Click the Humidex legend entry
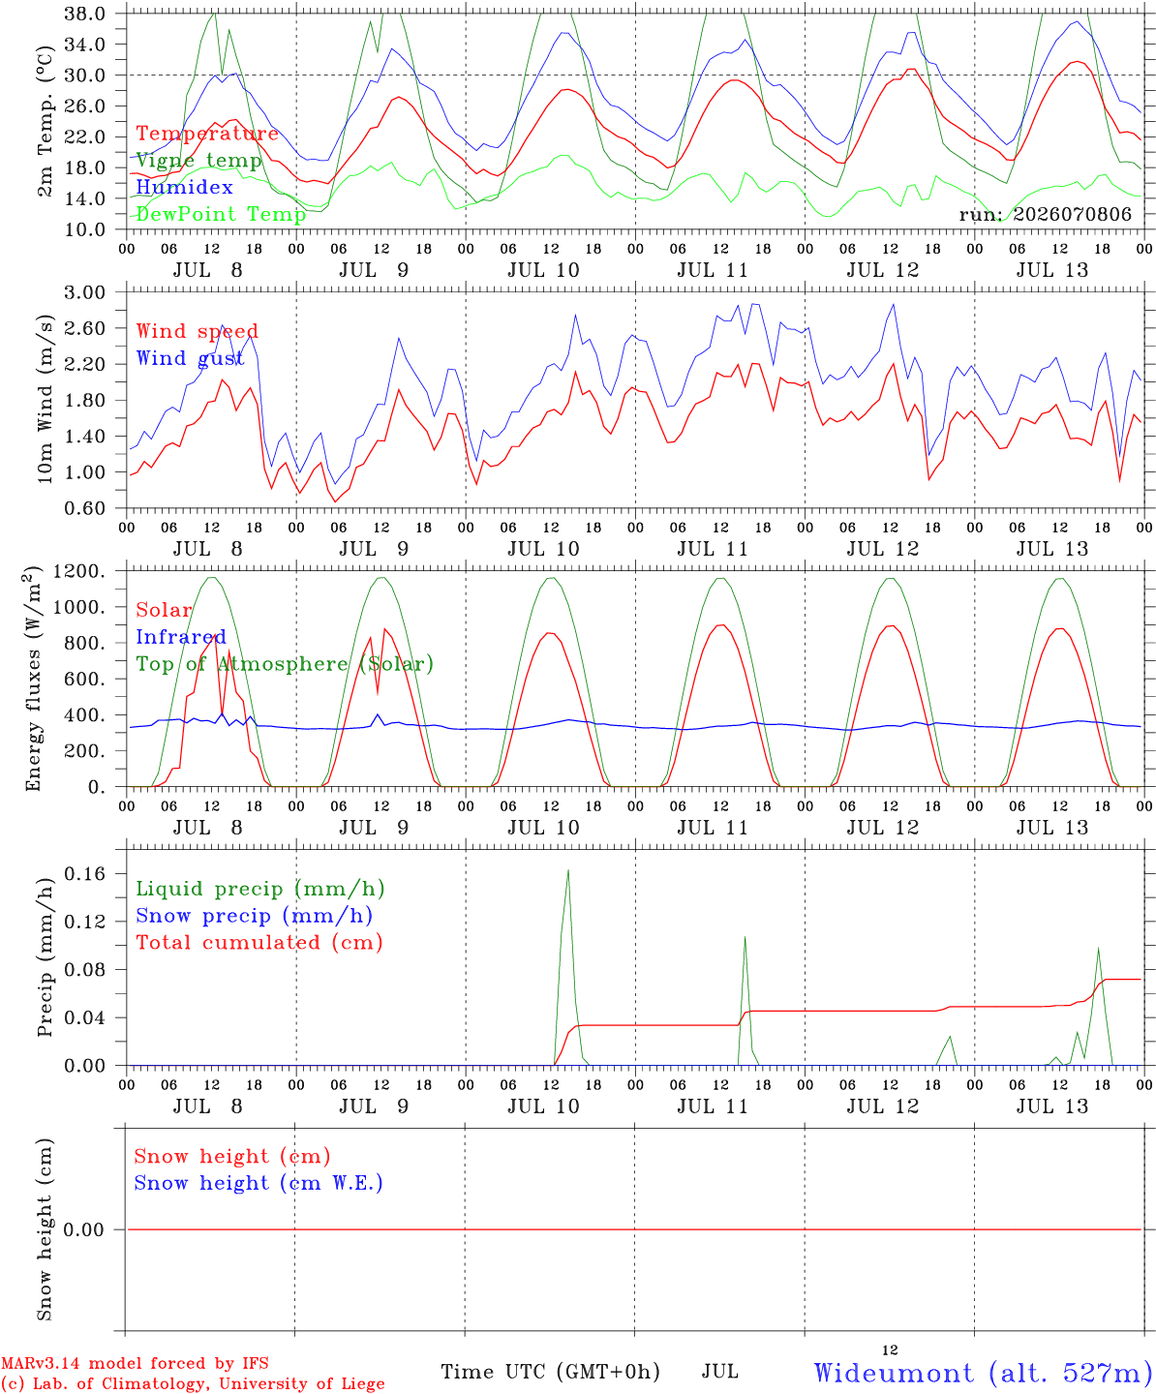pos(184,187)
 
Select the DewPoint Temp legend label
pos(221,214)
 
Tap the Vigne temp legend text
pos(199,161)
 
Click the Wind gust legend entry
pos(191,358)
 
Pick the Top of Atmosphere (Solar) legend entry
pos(286,664)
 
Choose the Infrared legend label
pos(181,637)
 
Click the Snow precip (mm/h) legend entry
pos(255,916)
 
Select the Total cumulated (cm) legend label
pos(259,942)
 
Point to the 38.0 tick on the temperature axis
pos(84,14)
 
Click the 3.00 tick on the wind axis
pos(84,292)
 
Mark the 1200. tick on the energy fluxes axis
pos(78,571)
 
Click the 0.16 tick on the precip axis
pos(84,873)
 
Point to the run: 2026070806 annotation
pos(1045,214)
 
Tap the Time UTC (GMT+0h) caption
pos(550,1372)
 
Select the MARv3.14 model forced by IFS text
pos(135,1363)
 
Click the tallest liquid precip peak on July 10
pos(567,870)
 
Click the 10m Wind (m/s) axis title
pos(45,399)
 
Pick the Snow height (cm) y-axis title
pos(45,1229)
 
